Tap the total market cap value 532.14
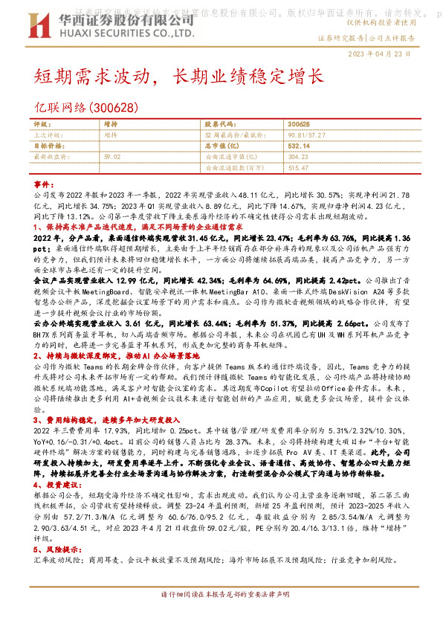(299, 146)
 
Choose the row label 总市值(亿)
(220, 146)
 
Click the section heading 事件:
(45, 184)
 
